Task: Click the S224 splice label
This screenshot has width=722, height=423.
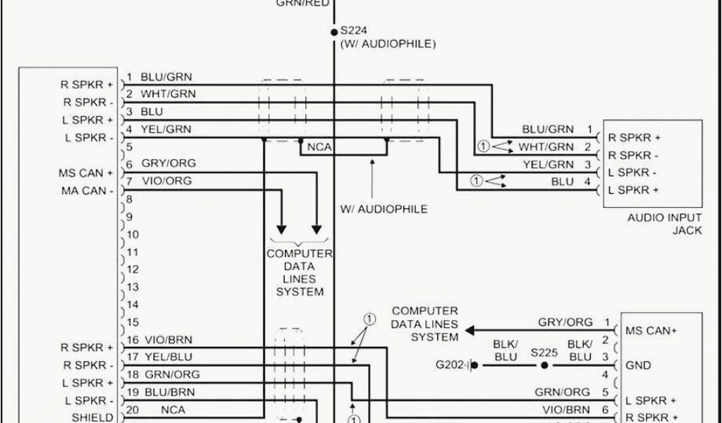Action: coord(354,31)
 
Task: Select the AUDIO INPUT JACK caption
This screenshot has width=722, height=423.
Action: coord(665,224)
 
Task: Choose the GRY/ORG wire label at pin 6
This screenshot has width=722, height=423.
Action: coord(169,163)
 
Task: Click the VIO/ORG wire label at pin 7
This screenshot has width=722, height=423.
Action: coord(166,181)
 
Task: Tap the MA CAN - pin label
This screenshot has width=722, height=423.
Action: coord(87,190)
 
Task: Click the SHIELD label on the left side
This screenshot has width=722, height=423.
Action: coord(92,417)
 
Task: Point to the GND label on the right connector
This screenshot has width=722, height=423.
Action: coord(638,366)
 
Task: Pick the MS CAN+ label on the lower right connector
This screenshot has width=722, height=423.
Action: coord(651,330)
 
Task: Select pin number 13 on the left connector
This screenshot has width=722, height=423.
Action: coord(133,288)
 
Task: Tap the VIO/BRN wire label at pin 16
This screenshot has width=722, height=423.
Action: coord(166,339)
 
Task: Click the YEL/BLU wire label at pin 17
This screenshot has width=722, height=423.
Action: coord(166,357)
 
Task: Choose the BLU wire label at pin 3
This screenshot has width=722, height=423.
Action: coord(152,111)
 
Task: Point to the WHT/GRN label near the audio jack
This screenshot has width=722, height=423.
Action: coord(546,147)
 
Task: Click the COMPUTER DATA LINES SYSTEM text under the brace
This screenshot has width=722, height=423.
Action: coord(300,272)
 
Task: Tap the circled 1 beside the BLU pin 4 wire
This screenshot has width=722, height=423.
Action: coord(476,181)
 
